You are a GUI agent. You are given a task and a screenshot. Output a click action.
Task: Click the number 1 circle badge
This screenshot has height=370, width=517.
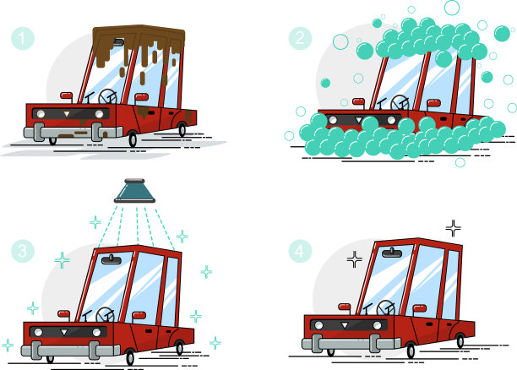(23, 38)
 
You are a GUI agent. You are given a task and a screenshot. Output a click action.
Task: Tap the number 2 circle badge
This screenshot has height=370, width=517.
(300, 38)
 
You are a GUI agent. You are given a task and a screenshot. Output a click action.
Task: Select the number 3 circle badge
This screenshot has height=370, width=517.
(23, 251)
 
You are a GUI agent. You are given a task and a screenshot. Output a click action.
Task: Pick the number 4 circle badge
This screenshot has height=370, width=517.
(300, 251)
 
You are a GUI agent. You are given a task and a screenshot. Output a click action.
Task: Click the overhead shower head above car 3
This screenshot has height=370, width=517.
(134, 191)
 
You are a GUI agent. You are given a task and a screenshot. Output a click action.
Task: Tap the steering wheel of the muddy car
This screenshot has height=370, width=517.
(107, 96)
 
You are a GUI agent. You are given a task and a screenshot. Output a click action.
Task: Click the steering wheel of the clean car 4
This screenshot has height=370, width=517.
(386, 308)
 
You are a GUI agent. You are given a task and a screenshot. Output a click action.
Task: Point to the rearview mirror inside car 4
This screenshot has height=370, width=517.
(392, 253)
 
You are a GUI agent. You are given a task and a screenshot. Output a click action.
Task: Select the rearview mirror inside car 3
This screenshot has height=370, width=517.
(112, 260)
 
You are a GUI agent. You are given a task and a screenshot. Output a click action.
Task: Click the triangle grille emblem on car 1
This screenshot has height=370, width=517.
(67, 114)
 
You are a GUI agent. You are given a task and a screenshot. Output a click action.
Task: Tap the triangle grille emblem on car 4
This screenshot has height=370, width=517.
(345, 325)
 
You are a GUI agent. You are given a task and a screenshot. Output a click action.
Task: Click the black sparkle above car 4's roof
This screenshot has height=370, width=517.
(454, 228)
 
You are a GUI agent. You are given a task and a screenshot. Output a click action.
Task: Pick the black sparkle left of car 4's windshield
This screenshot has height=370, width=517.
(355, 259)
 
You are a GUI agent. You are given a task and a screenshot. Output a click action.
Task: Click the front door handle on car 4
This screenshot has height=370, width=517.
(429, 324)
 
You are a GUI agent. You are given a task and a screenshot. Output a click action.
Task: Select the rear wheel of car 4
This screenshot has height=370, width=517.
(460, 340)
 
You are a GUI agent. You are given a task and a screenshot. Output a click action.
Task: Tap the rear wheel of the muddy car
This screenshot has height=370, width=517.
(182, 129)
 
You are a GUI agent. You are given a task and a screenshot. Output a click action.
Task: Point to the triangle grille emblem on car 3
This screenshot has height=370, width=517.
(64, 332)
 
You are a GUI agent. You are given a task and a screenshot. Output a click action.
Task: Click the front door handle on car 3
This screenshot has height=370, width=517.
(149, 331)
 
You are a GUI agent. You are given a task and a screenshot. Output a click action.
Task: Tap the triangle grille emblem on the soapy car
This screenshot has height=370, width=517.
(359, 119)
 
